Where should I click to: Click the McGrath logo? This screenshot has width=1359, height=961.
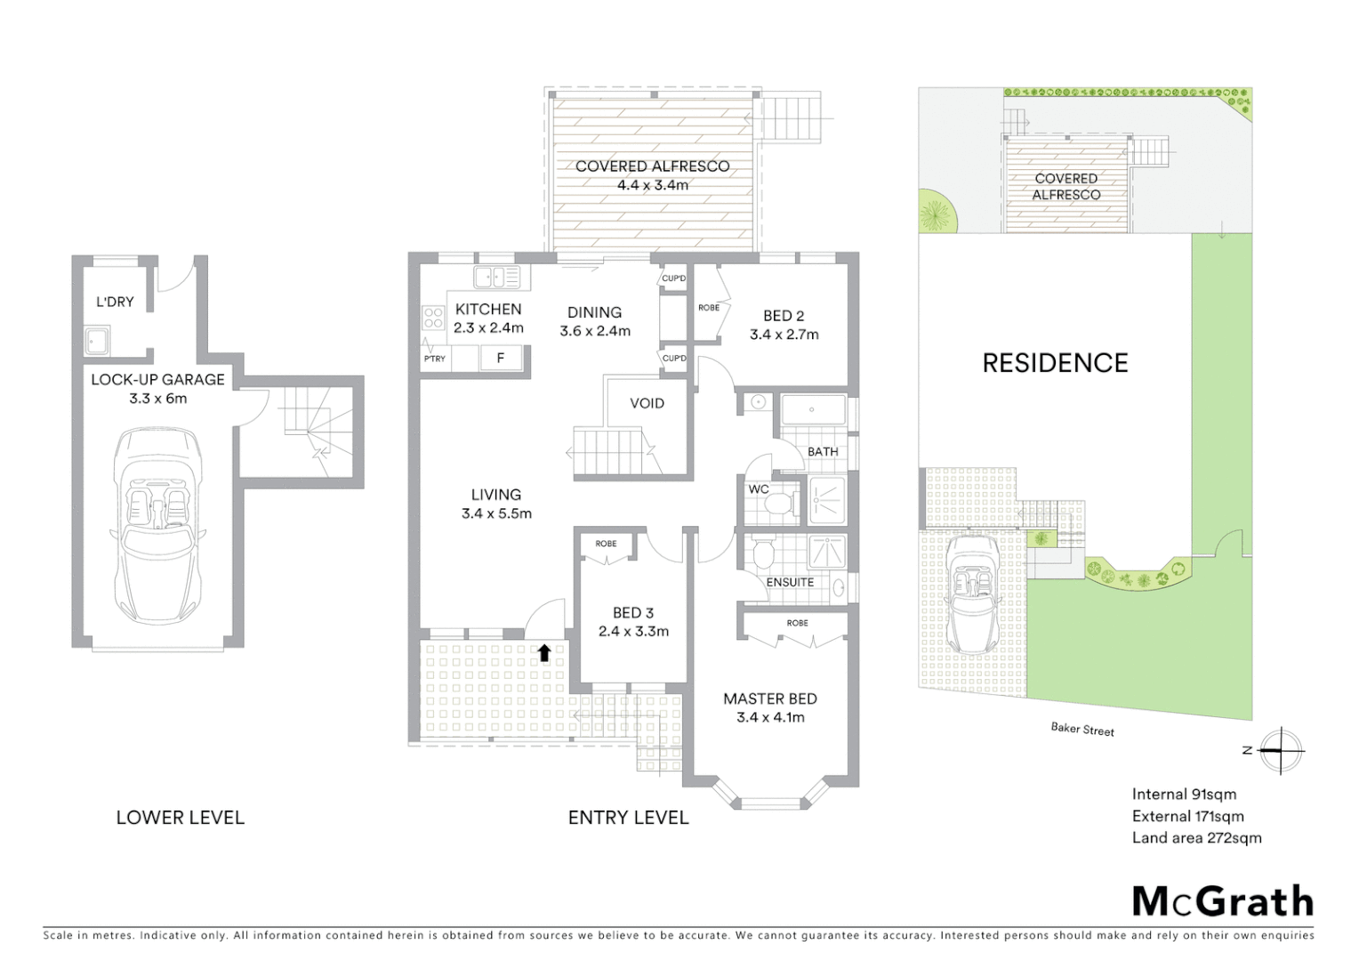pyautogui.click(x=1222, y=901)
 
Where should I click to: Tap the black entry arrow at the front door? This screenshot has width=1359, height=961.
pyautogui.click(x=543, y=653)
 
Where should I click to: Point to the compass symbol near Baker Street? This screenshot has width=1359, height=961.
pyautogui.click(x=1280, y=750)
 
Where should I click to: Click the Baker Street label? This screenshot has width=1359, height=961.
pyautogui.click(x=1082, y=730)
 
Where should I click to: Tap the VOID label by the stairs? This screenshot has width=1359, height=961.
pyautogui.click(x=647, y=403)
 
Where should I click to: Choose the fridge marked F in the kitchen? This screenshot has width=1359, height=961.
pyautogui.click(x=501, y=358)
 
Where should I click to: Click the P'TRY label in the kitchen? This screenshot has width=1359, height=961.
pyautogui.click(x=435, y=359)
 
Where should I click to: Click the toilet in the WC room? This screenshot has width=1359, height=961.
pyautogui.click(x=779, y=504)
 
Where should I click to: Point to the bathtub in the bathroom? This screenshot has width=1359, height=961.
pyautogui.click(x=813, y=410)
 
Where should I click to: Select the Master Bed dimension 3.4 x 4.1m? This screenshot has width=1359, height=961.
pyautogui.click(x=770, y=717)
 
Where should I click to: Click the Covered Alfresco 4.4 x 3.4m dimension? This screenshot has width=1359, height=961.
pyautogui.click(x=652, y=185)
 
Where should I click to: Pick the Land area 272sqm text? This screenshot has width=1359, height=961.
pyautogui.click(x=1196, y=837)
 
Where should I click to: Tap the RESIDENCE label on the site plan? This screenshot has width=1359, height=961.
pyautogui.click(x=1055, y=363)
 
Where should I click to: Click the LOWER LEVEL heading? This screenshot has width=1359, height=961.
pyautogui.click(x=180, y=818)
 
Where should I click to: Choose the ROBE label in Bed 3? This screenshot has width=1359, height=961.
pyautogui.click(x=606, y=544)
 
